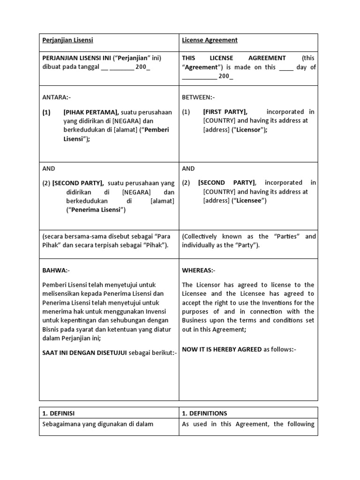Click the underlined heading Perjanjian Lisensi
pos(67,40)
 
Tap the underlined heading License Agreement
pos(210,40)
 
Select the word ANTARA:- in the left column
pos(56,97)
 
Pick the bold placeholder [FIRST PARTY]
pos(225,112)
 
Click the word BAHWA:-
pos(56,270)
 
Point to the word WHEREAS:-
pos(199,270)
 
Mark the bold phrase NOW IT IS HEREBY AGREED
pos(222,349)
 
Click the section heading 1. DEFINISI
pos(59,413)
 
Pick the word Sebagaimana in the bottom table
pos(61,424)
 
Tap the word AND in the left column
pos(49,169)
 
